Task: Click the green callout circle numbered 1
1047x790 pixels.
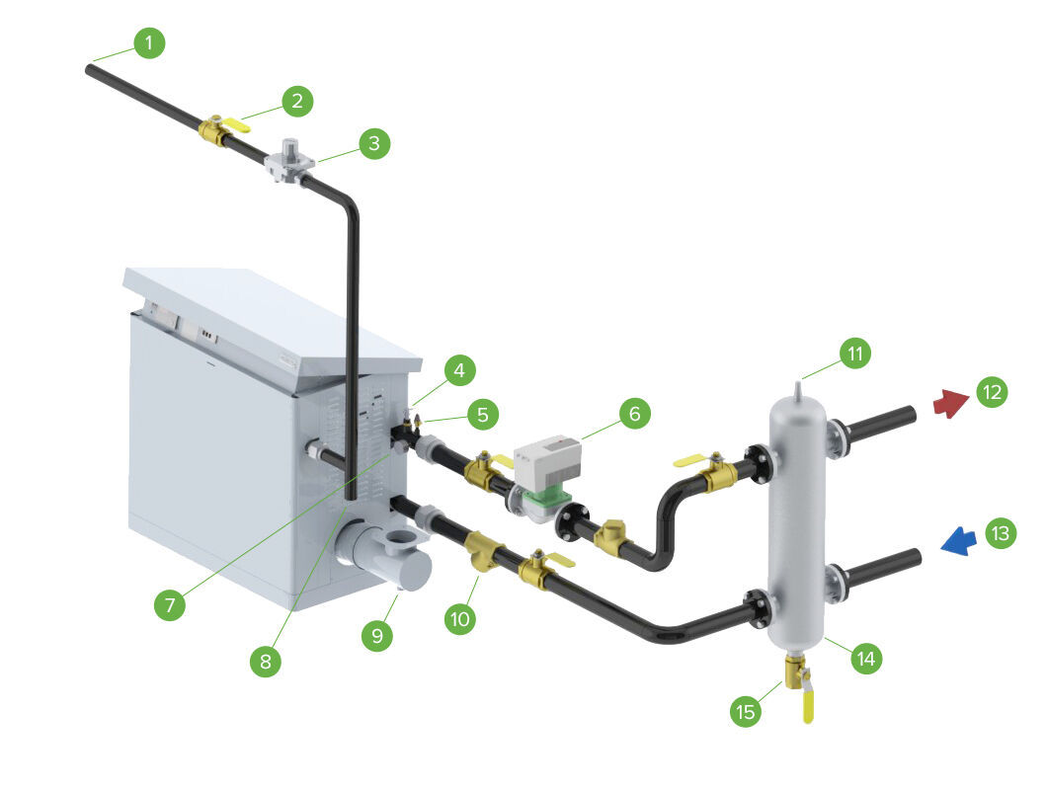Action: click(149, 43)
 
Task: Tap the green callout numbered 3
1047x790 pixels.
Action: click(374, 143)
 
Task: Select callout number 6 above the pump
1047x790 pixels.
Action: click(635, 414)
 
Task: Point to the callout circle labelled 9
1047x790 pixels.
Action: click(375, 636)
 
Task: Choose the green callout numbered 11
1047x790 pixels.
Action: click(856, 353)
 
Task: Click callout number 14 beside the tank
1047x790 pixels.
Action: click(866, 658)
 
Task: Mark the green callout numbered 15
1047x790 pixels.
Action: click(747, 710)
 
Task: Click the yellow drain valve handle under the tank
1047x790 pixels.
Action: click(808, 705)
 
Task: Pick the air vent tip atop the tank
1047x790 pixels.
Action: click(799, 380)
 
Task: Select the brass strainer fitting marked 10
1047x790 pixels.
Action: click(483, 551)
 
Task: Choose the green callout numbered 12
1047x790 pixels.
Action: click(991, 392)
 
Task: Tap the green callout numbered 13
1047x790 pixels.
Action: click(1001, 534)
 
